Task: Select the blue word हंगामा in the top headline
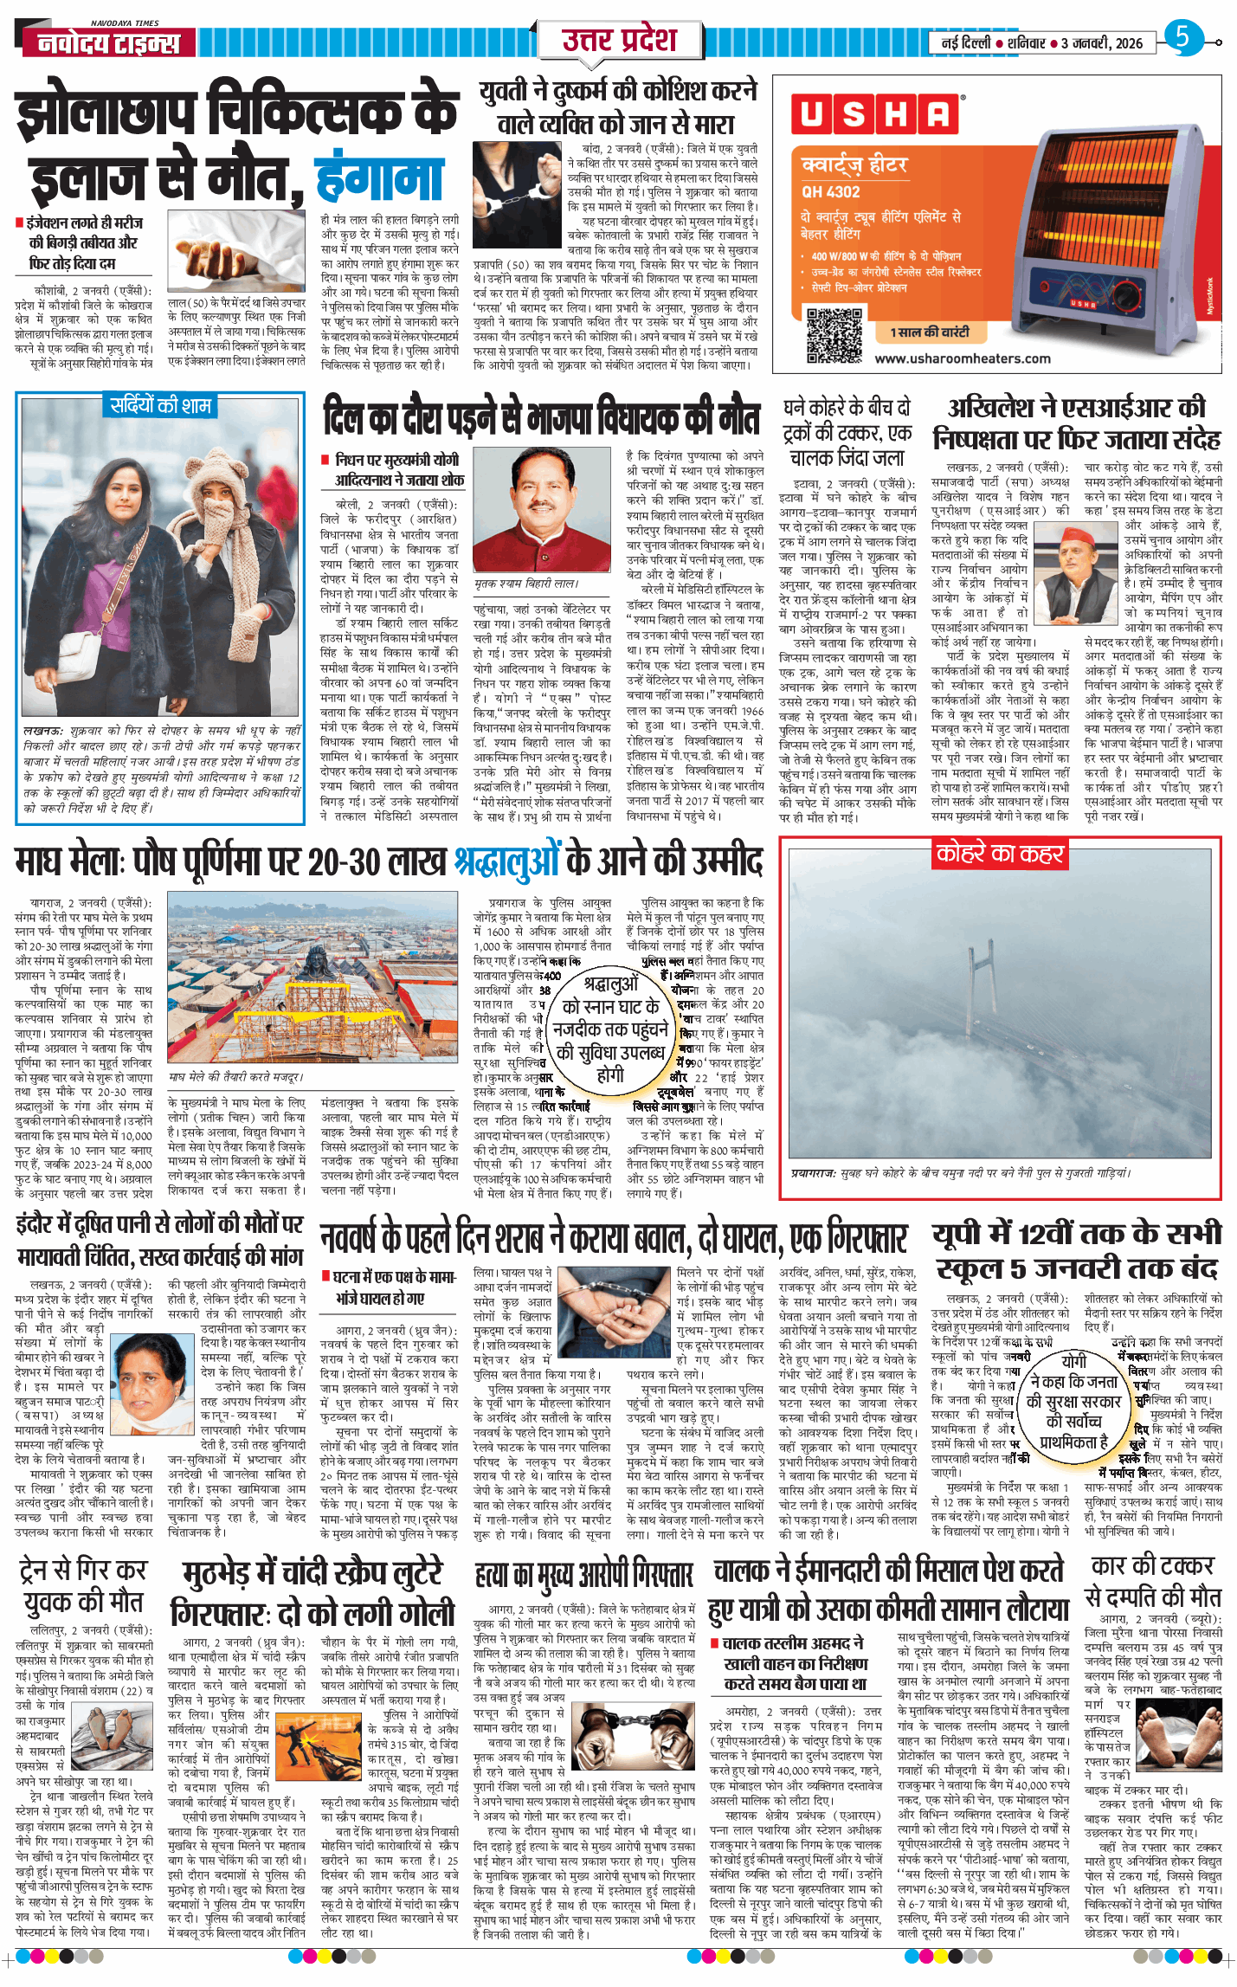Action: click(379, 177)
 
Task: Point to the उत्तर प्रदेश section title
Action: click(618, 40)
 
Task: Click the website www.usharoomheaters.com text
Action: click(962, 358)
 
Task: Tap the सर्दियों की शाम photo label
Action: click(160, 405)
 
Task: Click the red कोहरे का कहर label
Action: click(999, 854)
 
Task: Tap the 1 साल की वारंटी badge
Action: click(930, 332)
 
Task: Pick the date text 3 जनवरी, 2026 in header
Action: click(1101, 43)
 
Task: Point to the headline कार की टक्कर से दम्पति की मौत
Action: click(1152, 1582)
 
